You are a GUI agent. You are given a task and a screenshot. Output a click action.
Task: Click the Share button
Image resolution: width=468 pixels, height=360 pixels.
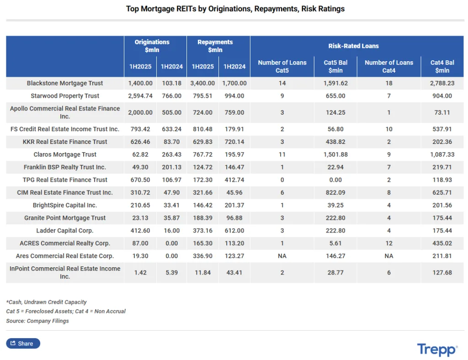click(x=23, y=343)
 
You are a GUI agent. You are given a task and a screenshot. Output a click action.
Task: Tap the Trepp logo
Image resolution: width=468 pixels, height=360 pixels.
click(x=436, y=349)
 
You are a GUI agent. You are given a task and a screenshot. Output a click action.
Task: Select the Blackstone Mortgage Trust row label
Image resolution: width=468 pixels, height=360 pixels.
click(x=65, y=83)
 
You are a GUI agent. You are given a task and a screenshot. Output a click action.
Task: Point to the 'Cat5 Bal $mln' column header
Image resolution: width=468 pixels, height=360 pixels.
click(x=335, y=66)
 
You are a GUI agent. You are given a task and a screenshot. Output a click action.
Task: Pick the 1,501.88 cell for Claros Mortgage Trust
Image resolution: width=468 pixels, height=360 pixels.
click(x=335, y=154)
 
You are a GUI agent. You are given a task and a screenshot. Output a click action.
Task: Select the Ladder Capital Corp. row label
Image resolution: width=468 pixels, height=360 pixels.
click(x=65, y=231)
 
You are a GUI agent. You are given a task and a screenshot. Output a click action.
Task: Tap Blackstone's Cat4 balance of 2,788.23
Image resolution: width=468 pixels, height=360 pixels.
click(x=442, y=83)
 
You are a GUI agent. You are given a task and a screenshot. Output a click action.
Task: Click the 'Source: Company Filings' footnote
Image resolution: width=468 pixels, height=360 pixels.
click(x=37, y=321)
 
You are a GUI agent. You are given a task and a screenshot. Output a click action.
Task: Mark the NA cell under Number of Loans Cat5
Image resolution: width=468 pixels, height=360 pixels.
click(x=282, y=256)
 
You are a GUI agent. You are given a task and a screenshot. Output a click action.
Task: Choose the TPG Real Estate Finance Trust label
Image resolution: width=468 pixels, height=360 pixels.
click(x=65, y=180)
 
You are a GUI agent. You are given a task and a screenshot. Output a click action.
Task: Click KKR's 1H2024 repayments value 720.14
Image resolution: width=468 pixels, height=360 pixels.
click(x=234, y=142)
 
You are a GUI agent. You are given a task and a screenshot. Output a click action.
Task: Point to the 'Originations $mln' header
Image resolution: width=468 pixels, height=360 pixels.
click(x=152, y=46)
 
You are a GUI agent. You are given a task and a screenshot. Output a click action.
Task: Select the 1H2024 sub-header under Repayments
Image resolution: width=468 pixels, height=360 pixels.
click(x=234, y=66)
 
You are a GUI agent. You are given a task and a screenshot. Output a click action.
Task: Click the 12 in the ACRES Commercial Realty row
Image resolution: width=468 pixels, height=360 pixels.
click(x=388, y=243)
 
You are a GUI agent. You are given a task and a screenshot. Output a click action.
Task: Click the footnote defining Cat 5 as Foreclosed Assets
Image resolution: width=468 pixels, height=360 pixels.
click(x=66, y=311)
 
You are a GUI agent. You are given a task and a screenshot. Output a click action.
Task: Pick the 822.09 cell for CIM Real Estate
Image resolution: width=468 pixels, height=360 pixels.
click(x=335, y=192)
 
